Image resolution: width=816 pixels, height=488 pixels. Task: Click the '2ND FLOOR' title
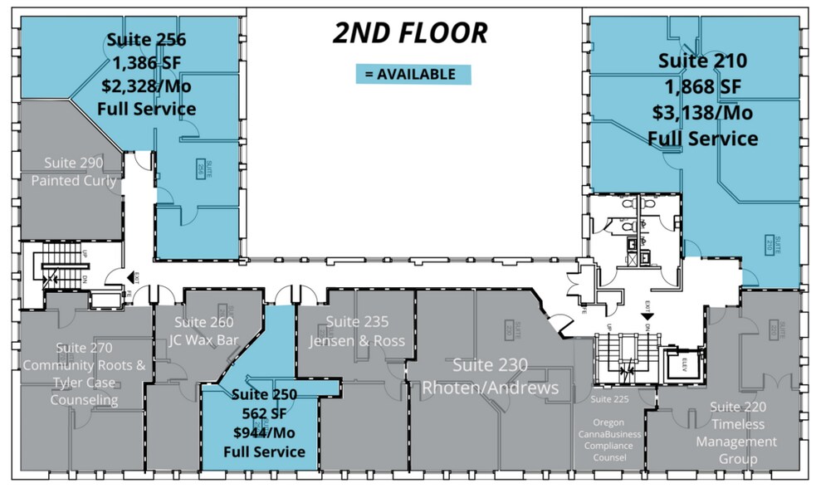tap(409, 32)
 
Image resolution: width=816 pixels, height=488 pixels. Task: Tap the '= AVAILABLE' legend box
tap(413, 74)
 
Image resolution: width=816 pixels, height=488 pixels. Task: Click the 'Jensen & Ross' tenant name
tap(357, 341)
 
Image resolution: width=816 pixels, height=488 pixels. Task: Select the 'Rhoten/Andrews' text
tap(490, 388)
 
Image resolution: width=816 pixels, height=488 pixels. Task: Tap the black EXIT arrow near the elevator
tap(646, 315)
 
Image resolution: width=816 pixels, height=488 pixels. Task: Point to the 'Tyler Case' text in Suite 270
tap(83, 383)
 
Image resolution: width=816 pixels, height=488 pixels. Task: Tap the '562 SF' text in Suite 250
tap(263, 412)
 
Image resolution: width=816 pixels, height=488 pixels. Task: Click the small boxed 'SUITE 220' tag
tap(774, 330)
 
